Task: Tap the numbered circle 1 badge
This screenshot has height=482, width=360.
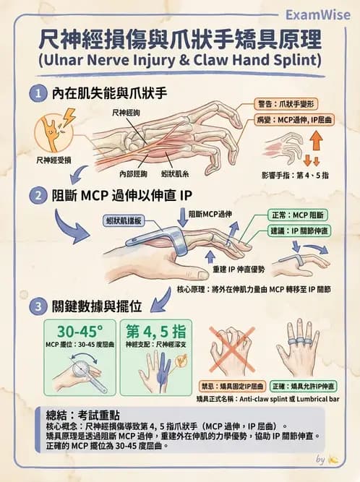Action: coord(36,93)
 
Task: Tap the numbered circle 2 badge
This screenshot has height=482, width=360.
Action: coord(36,195)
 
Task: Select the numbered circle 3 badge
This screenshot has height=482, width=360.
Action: coord(36,306)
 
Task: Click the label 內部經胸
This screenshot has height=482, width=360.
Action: coord(133,174)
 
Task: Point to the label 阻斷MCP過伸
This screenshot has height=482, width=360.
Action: coord(210,214)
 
